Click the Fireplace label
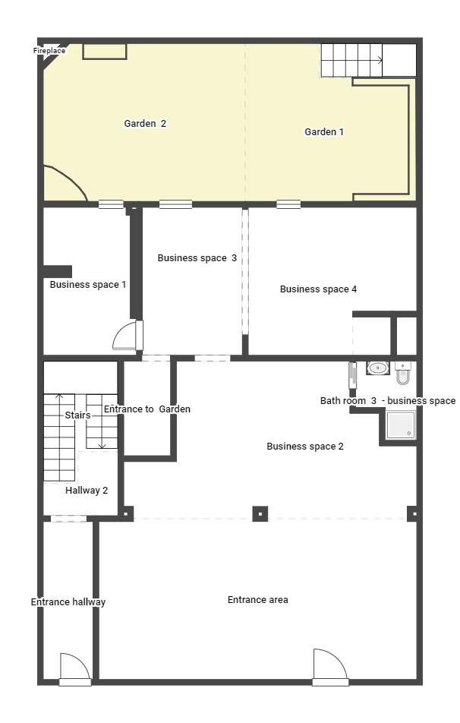pos(49,51)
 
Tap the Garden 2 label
pos(145,124)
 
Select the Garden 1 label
pos(324,132)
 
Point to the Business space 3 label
pos(197,258)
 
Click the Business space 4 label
pos(319,289)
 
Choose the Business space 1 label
pos(88,285)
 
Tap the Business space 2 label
pos(305,447)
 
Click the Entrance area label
pos(258,600)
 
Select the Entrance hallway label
pos(68,602)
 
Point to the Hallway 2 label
pos(87,491)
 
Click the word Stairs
pos(77,415)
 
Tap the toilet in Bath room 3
pos(403,373)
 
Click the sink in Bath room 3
pos(378,368)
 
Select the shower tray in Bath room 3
pos(401,425)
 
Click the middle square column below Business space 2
pos(260,513)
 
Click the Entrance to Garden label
pos(147,409)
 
